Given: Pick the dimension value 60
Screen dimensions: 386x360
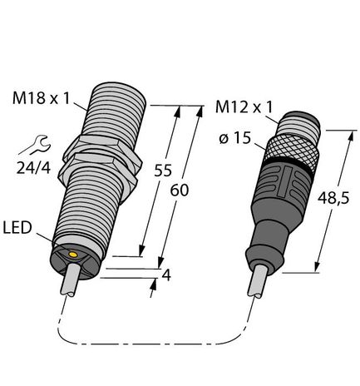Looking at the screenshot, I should point(180,190).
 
